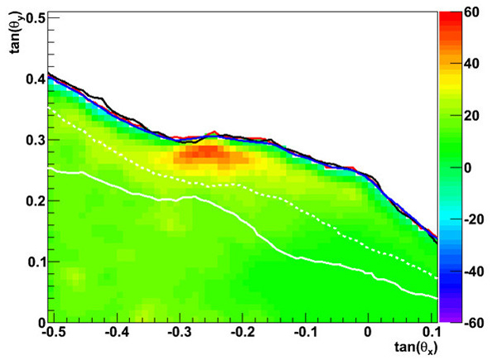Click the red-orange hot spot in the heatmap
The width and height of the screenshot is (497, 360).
(x=207, y=154)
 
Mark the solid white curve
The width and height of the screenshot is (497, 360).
(x=248, y=223)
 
